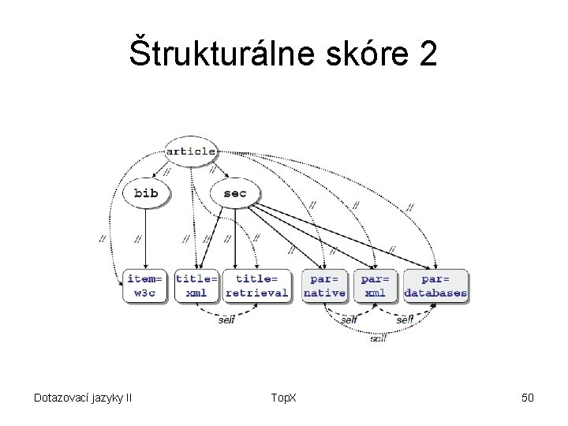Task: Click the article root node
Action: [191, 151]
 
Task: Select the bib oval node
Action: [145, 193]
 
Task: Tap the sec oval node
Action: [234, 193]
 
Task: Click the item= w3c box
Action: [145, 286]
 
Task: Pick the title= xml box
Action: [196, 286]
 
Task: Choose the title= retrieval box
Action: [256, 286]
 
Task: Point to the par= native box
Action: [324, 286]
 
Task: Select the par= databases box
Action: [435, 286]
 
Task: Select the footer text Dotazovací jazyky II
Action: [82, 398]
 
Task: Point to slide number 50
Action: [528, 398]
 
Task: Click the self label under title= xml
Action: [227, 319]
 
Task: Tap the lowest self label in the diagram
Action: [378, 338]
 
